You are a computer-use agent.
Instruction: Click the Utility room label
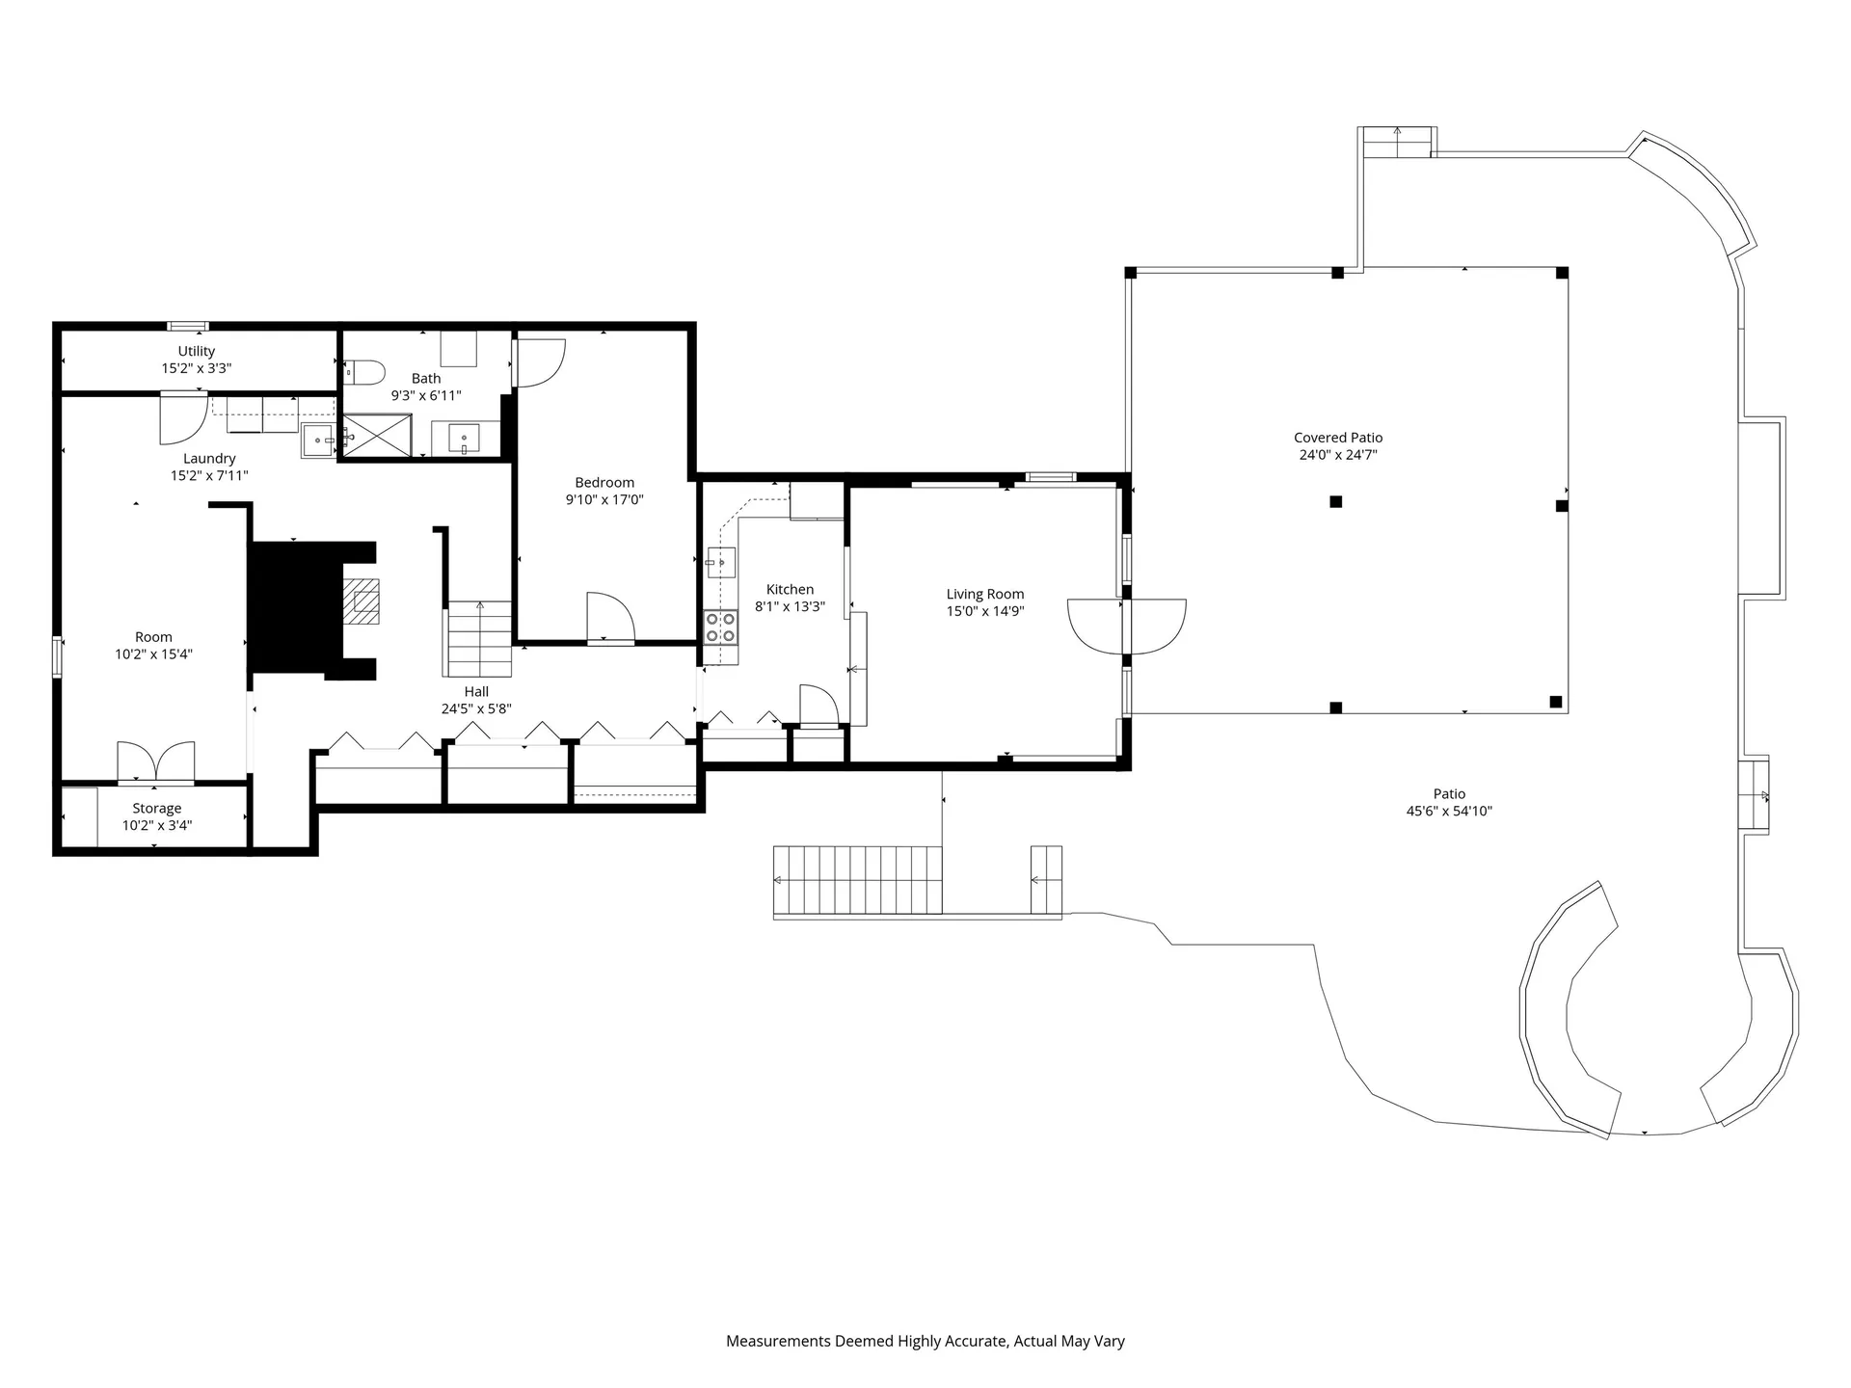196,352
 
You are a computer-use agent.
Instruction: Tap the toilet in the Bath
365,371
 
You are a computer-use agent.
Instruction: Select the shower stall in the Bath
377,435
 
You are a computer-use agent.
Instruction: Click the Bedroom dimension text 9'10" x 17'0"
604,499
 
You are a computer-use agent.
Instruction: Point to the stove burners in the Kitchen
720,627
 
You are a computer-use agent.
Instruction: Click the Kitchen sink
721,561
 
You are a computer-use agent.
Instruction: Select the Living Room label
984,594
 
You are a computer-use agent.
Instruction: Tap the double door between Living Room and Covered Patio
1126,626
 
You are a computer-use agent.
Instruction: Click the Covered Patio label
1338,438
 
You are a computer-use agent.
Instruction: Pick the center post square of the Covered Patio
1336,501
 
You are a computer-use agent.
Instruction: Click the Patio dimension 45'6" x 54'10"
1449,812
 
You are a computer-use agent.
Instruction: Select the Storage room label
157,809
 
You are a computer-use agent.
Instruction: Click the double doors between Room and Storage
155,761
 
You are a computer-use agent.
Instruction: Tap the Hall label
476,691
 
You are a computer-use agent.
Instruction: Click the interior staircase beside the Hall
479,639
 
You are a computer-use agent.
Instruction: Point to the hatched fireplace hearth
363,602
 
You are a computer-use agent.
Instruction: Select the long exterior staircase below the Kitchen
857,880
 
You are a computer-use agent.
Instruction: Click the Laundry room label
209,459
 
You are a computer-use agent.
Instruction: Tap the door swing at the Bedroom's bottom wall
610,617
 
